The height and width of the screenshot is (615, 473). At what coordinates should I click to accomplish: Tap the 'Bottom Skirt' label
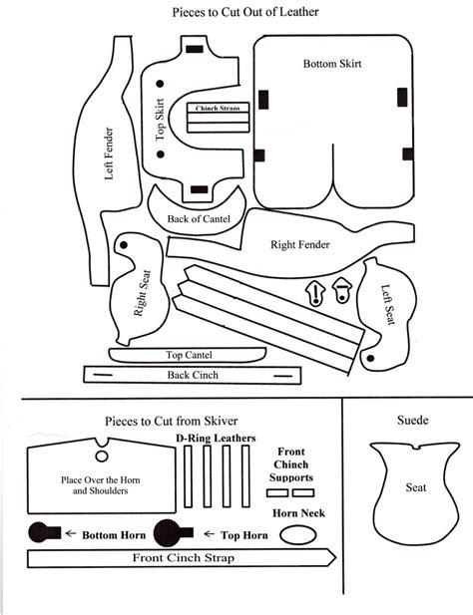pos(331,64)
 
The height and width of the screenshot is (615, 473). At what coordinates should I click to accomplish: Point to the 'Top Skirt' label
pos(159,120)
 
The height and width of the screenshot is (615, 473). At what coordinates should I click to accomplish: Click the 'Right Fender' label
pos(300,243)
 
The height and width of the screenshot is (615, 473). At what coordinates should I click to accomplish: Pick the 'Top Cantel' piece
pos(188,354)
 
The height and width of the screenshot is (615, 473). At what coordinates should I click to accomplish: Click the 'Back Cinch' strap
pos(193,375)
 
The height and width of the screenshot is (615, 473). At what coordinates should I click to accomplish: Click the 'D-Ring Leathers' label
pos(216,438)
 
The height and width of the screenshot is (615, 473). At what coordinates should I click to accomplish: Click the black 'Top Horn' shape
pos(169,530)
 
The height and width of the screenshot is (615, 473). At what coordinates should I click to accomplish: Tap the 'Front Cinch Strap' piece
pos(184,558)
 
